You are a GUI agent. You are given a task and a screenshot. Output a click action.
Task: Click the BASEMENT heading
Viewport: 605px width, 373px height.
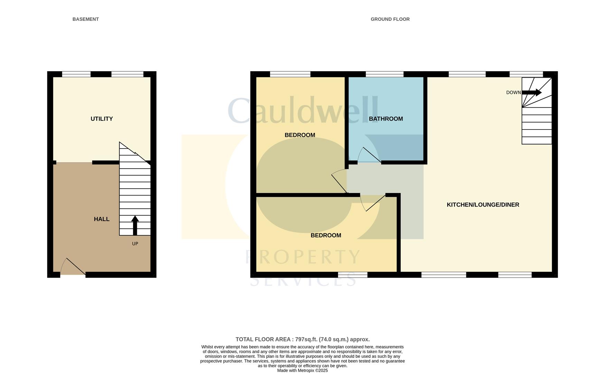click(85, 19)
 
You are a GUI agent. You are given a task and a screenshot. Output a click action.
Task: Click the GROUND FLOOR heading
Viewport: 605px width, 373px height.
click(390, 19)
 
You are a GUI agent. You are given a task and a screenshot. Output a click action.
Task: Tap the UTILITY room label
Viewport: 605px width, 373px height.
click(102, 119)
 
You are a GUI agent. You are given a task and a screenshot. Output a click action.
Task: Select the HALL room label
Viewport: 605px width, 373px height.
click(102, 219)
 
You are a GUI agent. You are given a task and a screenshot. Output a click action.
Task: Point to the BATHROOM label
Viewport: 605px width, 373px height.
click(386, 119)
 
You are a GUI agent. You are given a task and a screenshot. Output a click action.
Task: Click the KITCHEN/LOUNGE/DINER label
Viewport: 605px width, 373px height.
click(483, 205)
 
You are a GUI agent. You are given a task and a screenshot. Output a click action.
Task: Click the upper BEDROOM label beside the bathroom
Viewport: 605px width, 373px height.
click(300, 135)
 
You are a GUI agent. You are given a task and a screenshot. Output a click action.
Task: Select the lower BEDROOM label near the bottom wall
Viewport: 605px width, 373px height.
click(326, 236)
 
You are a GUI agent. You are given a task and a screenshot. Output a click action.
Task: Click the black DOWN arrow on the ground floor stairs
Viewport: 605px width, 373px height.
click(532, 92)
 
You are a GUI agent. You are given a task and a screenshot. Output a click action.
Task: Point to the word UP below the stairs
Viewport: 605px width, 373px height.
click(135, 244)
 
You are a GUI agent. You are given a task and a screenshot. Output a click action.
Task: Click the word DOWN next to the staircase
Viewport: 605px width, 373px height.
click(513, 93)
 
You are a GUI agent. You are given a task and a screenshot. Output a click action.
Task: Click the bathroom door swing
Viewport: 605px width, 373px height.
click(369, 155)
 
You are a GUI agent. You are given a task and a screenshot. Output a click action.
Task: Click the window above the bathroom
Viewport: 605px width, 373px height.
click(384, 74)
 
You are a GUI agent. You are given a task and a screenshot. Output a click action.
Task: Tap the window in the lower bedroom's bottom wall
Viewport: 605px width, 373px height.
click(353, 275)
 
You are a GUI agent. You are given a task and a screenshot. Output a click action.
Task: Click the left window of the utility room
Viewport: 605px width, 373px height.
click(76, 74)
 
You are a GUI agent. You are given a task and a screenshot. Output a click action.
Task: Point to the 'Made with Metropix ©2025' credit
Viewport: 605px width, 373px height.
click(302, 371)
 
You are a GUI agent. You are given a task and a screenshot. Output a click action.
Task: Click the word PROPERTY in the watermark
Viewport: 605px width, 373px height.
click(303, 257)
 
